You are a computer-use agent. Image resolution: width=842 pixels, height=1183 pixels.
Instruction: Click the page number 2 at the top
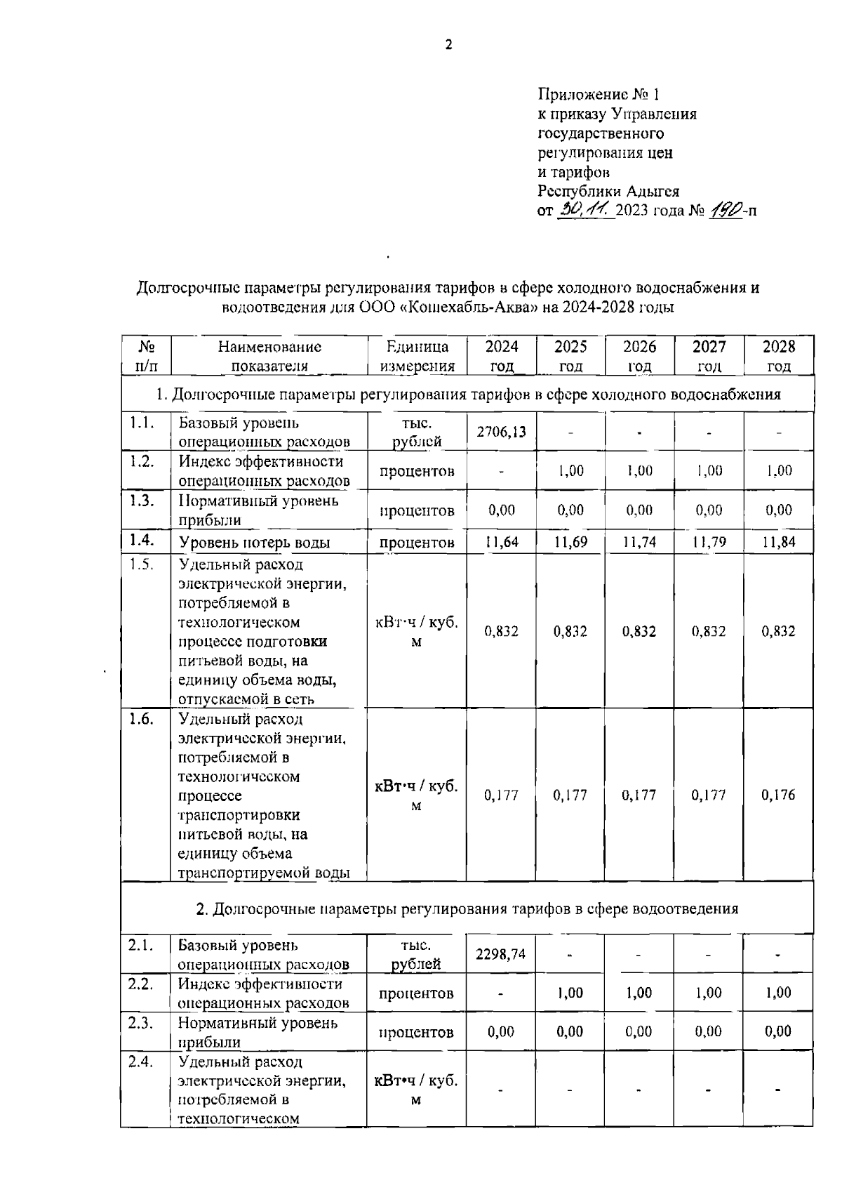pos(449,45)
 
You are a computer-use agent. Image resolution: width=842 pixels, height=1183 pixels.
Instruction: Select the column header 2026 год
pos(639,356)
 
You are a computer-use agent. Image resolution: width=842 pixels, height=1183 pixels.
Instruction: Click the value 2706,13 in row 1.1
pos(501,432)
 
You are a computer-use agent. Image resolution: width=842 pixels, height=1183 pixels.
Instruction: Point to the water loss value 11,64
pos(502,542)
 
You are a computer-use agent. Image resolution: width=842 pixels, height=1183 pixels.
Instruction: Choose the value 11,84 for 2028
pos(778,542)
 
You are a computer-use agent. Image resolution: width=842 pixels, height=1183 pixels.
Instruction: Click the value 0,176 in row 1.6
pos(778,795)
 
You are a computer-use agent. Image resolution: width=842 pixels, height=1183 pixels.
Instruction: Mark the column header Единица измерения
pos(417,356)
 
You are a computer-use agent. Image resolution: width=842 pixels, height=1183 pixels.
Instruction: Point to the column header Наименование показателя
pos(269,356)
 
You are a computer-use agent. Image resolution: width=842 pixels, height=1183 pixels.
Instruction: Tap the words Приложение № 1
pos(599,94)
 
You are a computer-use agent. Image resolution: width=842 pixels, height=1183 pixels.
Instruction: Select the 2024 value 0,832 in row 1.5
pos(501,631)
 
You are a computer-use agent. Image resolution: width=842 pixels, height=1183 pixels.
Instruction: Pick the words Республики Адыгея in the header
pos(608,191)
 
